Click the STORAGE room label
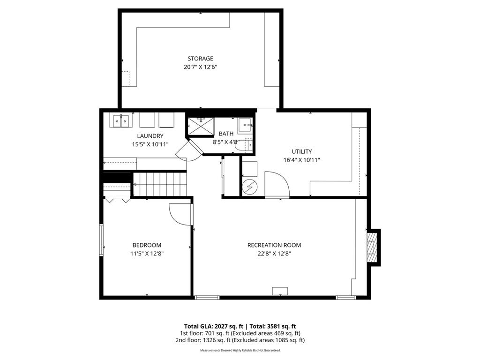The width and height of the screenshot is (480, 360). [x=200, y=59]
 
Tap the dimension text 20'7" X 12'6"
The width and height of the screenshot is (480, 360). [x=200, y=67]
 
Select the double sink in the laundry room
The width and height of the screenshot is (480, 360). [x=121, y=121]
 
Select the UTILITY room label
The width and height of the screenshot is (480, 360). [x=301, y=151]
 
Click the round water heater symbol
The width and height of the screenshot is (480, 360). [x=249, y=187]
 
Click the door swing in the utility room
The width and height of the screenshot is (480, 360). [x=277, y=184]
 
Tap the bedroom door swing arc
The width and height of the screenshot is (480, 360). [x=180, y=215]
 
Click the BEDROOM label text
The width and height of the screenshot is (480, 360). [x=147, y=245]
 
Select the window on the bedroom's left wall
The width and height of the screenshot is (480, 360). [x=101, y=240]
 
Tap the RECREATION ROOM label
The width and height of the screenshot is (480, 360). [x=274, y=245]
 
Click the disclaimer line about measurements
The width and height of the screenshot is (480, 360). [x=240, y=350]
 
